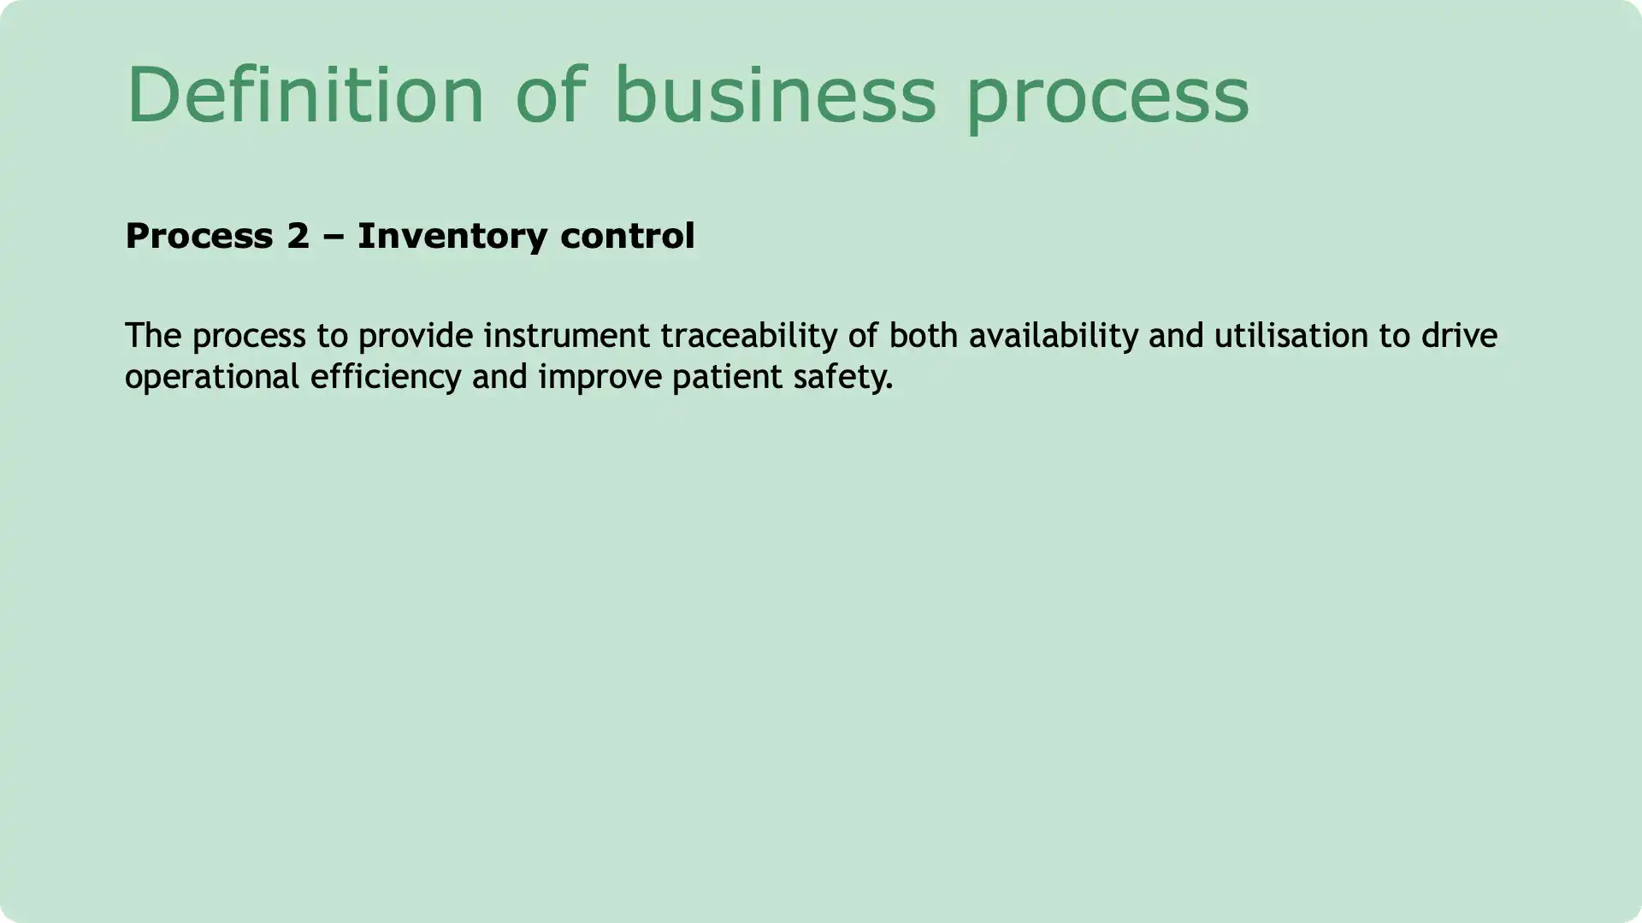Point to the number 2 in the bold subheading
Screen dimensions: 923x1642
(x=298, y=236)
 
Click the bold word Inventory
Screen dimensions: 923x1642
(x=452, y=237)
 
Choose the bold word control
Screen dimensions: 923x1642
(x=627, y=236)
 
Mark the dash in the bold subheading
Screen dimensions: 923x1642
(x=334, y=237)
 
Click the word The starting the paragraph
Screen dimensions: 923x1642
(x=153, y=335)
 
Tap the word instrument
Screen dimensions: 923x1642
(x=566, y=336)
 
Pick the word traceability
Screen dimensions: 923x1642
(x=748, y=336)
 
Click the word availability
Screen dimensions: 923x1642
(x=1053, y=336)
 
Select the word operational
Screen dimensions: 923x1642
(x=211, y=377)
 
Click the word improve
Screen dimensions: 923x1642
(x=600, y=377)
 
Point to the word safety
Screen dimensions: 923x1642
(x=842, y=377)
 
